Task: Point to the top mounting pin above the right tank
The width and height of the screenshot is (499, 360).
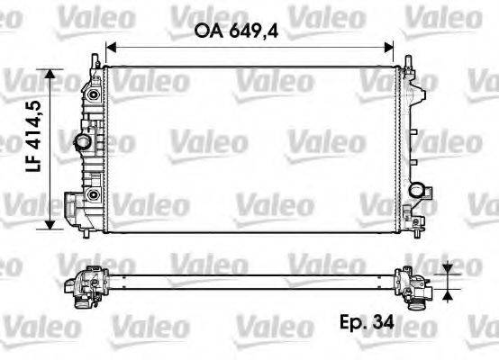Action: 411,60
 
